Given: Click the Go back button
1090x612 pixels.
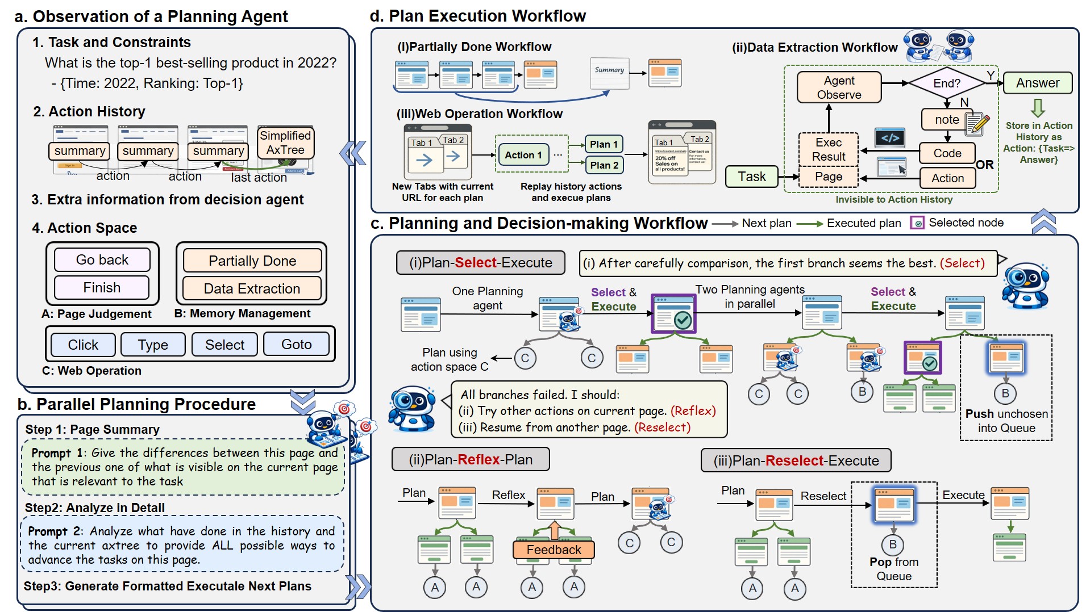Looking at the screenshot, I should (102, 260).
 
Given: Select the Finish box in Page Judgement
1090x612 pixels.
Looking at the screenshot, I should (102, 288).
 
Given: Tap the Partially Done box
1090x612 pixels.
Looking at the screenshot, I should (252, 261).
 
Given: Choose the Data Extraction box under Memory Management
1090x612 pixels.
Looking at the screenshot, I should (252, 289).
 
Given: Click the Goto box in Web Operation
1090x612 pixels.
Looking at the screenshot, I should (296, 345).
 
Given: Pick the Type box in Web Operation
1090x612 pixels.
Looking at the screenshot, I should (153, 345).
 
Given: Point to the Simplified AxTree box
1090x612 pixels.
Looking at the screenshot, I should (285, 143).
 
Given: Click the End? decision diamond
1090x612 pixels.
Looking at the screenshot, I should (946, 83).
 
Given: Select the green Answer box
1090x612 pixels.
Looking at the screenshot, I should (1037, 83).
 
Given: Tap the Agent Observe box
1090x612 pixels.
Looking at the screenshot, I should (839, 87).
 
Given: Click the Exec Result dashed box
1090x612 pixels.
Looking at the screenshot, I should (828, 149).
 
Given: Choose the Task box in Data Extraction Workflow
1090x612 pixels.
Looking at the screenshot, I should (751, 177).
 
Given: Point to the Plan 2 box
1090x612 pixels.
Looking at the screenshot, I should (604, 165).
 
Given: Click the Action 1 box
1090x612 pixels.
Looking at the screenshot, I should (523, 155).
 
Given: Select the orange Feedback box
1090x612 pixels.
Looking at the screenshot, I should (554, 550).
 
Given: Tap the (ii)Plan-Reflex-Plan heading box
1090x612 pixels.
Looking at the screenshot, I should (471, 459).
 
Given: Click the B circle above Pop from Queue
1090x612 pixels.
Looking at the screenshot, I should (892, 544).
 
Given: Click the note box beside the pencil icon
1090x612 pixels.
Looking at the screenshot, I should (947, 120).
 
